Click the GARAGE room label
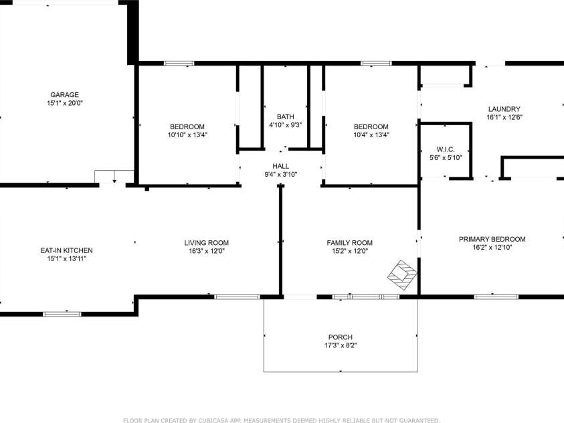[64, 95]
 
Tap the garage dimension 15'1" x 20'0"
[65, 103]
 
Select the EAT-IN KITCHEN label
[66, 250]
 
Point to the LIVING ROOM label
[207, 243]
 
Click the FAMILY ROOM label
[350, 243]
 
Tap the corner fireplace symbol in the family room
[402, 275]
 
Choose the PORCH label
[341, 337]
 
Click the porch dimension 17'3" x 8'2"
[341, 345]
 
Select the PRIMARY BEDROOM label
[492, 239]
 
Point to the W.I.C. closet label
[446, 149]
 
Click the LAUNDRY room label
[504, 109]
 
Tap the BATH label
[286, 116]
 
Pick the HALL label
[280, 166]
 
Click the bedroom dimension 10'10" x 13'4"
[187, 135]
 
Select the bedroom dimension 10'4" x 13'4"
[371, 135]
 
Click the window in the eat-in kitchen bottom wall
[62, 314]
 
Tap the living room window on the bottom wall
[237, 297]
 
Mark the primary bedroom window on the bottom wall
[496, 297]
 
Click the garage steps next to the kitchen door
[114, 177]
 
